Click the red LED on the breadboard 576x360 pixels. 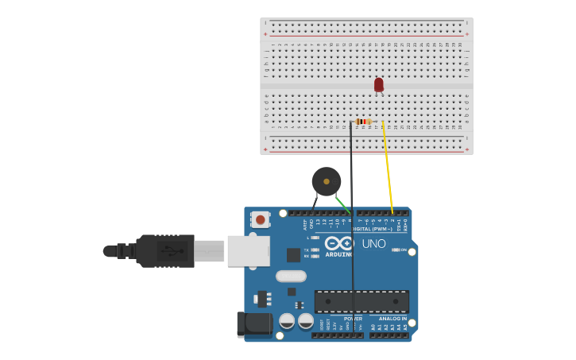[379, 83]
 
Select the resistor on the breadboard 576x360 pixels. [363, 122]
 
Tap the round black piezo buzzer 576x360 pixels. [326, 181]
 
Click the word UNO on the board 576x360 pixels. [373, 243]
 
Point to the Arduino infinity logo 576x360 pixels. [339, 244]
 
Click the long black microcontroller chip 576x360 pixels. [361, 301]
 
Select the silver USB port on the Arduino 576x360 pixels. [248, 250]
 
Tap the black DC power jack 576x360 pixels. [254, 323]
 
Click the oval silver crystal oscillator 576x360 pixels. [291, 277]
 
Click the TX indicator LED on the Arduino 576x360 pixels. [315, 250]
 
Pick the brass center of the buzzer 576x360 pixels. [326, 181]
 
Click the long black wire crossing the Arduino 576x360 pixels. [353, 262]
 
